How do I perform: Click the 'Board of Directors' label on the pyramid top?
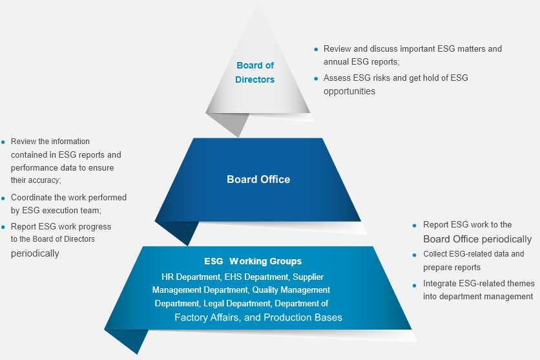[254, 72]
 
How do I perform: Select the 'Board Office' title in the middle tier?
[258, 180]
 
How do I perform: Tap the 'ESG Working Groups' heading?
[253, 262]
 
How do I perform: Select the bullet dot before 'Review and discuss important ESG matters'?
[316, 49]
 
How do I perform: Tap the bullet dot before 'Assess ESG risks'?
[316, 78]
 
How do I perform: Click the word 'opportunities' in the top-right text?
[349, 91]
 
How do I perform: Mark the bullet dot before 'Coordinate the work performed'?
[3, 198]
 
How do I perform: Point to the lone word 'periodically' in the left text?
[35, 253]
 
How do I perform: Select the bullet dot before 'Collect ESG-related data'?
[415, 255]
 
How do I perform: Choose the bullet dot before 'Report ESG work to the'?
[415, 225]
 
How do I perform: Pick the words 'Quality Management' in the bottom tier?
[291, 290]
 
